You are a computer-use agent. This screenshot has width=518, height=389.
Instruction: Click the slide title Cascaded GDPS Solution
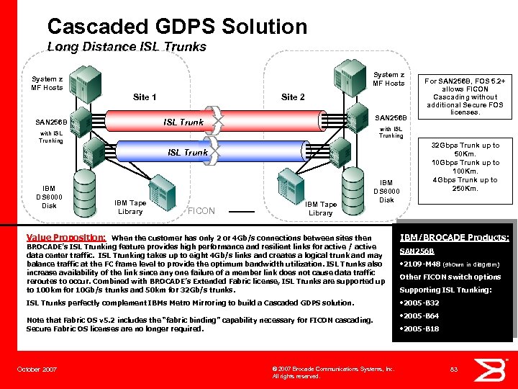177,27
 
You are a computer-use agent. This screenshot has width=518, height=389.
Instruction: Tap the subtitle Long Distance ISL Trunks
127,47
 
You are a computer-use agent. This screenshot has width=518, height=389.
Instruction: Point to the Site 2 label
293,97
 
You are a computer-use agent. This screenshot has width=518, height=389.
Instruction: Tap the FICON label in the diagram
201,211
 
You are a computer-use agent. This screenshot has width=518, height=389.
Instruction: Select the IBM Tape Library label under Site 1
129,207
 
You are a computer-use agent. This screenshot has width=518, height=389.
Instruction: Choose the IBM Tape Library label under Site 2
320,209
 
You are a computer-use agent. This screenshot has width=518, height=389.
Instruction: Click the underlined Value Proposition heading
66,236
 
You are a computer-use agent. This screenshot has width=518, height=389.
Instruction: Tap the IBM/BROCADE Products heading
455,237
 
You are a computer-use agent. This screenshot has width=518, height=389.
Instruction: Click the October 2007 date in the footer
37,369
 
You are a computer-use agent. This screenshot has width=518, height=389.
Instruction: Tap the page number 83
454,369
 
